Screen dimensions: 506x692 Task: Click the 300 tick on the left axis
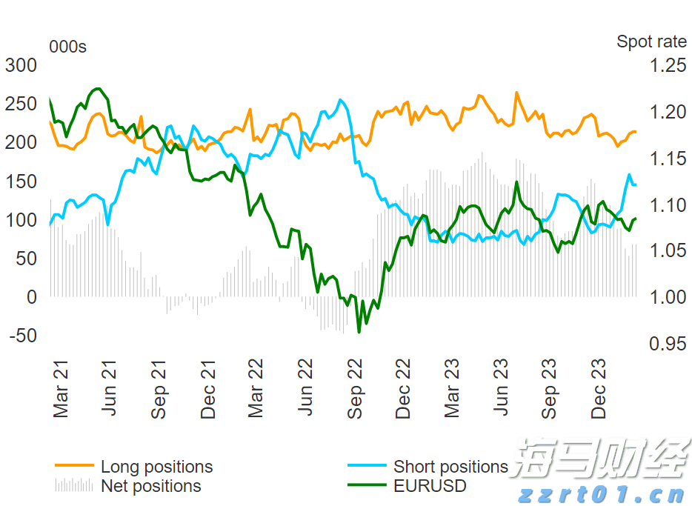pyautogui.click(x=21, y=66)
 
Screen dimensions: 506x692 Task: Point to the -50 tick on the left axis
pyautogui.click(x=21, y=336)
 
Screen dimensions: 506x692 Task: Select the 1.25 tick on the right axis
pyautogui.click(x=668, y=66)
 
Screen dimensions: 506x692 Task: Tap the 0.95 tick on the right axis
pyautogui.click(x=668, y=344)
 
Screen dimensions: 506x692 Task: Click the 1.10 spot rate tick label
pyautogui.click(x=668, y=205)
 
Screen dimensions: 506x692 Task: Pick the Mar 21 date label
pyautogui.click(x=61, y=389)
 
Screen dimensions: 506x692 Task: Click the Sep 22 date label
pyautogui.click(x=355, y=389)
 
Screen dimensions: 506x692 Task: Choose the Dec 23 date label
pyautogui.click(x=599, y=389)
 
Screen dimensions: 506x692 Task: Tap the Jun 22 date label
pyautogui.click(x=305, y=389)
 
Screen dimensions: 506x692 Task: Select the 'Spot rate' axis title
pyautogui.click(x=651, y=42)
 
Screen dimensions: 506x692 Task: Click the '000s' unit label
pyautogui.click(x=67, y=47)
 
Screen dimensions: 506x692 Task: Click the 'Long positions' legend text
pyautogui.click(x=156, y=467)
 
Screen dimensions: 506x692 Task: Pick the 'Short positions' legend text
pyautogui.click(x=450, y=467)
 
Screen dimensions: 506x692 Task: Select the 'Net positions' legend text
pyautogui.click(x=150, y=486)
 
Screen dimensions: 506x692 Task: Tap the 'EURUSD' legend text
pyautogui.click(x=430, y=486)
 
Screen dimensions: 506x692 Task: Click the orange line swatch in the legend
pyautogui.click(x=74, y=466)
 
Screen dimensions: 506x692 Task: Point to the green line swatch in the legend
pyautogui.click(x=367, y=486)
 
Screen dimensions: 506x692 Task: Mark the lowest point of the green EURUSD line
pyautogui.click(x=359, y=331)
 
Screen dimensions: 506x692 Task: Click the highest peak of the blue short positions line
pyautogui.click(x=340, y=100)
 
